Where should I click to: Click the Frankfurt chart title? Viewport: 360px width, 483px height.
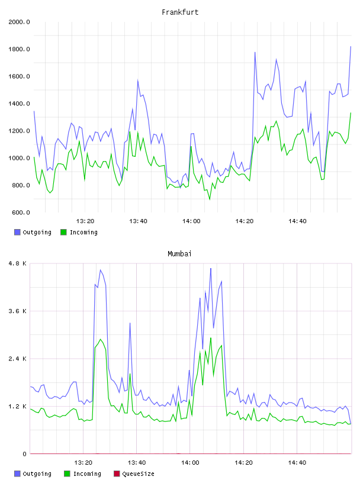click(180, 12)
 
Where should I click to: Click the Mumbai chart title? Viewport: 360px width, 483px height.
click(179, 254)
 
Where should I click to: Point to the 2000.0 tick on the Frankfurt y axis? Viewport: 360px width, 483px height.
click(19, 22)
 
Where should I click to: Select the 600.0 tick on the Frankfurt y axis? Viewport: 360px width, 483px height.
click(21, 212)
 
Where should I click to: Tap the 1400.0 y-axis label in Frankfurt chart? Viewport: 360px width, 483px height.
click(19, 104)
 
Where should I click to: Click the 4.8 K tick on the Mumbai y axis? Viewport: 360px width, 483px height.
click(18, 263)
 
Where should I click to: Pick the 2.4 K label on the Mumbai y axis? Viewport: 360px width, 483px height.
click(18, 359)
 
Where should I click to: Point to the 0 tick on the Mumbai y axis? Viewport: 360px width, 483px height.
click(25, 454)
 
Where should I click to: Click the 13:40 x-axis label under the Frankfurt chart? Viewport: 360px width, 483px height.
click(138, 221)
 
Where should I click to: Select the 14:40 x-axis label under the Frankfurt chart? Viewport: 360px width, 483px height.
click(297, 221)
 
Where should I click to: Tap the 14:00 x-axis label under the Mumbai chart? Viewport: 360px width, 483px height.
click(190, 463)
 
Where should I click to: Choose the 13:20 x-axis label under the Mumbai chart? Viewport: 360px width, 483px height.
click(83, 463)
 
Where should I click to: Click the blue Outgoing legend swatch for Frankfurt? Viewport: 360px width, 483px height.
click(17, 232)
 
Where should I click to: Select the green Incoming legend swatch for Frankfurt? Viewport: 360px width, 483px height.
click(63, 232)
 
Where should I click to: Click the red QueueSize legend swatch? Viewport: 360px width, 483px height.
click(117, 474)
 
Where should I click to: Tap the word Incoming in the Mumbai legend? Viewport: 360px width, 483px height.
click(87, 474)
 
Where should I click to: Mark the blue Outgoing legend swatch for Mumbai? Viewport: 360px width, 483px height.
click(17, 474)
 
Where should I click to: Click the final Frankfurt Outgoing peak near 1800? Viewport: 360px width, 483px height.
click(351, 47)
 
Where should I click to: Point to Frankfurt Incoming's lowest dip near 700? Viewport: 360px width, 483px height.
click(210, 199)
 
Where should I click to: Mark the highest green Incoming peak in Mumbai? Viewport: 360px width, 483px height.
click(211, 338)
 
